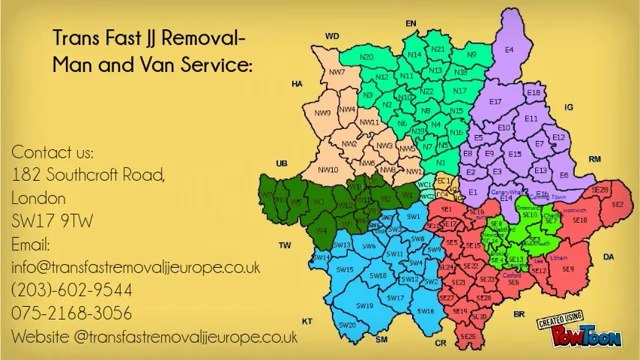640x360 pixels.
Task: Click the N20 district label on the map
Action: tap(367, 57)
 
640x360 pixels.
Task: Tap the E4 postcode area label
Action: tap(509, 49)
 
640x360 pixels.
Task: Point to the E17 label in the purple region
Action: tap(495, 102)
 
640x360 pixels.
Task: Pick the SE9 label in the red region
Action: tap(568, 269)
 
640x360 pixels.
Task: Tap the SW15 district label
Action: tap(346, 269)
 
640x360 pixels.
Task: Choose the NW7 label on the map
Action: tap(337, 73)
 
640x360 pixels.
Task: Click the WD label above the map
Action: tap(332, 35)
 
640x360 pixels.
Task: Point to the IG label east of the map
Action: tap(569, 106)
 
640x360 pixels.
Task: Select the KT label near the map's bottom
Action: tap(307, 321)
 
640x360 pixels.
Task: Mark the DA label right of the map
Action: tap(609, 257)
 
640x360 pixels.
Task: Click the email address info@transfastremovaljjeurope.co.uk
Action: tap(136, 267)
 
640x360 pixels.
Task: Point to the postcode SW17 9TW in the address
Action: tap(49, 221)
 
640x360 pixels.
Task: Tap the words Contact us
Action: tap(52, 152)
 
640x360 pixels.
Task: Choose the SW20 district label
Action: tap(348, 325)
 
